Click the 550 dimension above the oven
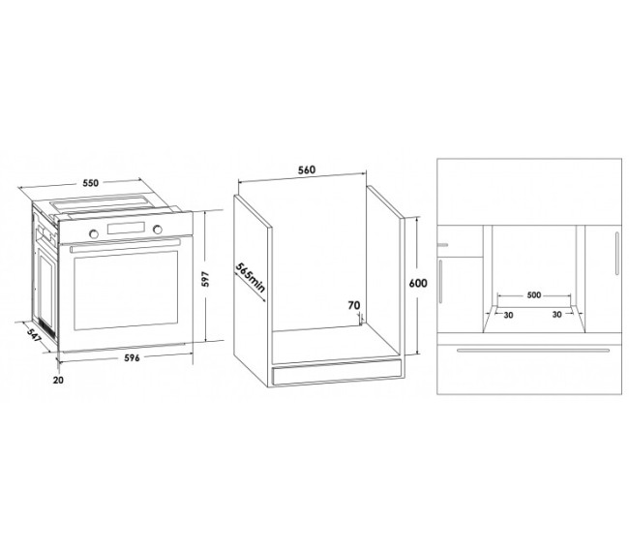[90, 183]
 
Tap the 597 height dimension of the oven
[205, 279]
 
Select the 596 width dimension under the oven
[132, 357]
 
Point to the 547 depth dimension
[34, 335]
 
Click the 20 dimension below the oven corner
[58, 380]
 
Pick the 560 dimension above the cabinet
[307, 169]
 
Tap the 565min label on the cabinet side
[251, 282]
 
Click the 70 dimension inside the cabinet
[354, 306]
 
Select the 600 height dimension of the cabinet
[418, 284]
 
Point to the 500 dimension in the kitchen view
[533, 295]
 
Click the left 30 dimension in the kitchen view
[508, 315]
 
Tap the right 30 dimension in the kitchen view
[556, 315]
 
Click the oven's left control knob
[94, 233]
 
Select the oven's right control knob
[158, 230]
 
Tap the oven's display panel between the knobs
[126, 228]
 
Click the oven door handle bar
[125, 245]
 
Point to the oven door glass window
[126, 291]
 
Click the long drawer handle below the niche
[533, 350]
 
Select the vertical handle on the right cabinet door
[617, 254]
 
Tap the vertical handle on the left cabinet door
[441, 282]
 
